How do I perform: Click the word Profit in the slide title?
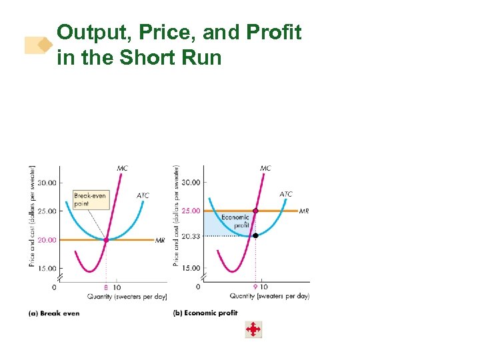[x=275, y=32]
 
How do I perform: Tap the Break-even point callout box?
[x=89, y=199]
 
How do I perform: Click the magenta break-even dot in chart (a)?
[x=106, y=240]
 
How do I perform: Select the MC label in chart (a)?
[x=123, y=169]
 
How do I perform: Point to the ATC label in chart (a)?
[x=143, y=195]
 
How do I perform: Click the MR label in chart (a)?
[x=160, y=241]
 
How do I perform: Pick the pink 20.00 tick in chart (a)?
[x=47, y=240]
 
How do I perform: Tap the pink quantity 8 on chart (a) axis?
[x=106, y=287]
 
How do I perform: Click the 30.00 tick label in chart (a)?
[x=47, y=183]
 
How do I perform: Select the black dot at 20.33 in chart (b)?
[x=255, y=235]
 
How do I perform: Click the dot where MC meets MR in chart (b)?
[x=255, y=211]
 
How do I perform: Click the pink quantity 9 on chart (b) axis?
[x=255, y=287]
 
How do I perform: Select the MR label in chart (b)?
[x=304, y=211]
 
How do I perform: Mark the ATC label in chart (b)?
[x=286, y=194]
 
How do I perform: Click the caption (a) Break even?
[x=54, y=313]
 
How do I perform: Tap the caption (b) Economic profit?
[x=205, y=313]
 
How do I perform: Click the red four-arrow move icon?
[x=253, y=329]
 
